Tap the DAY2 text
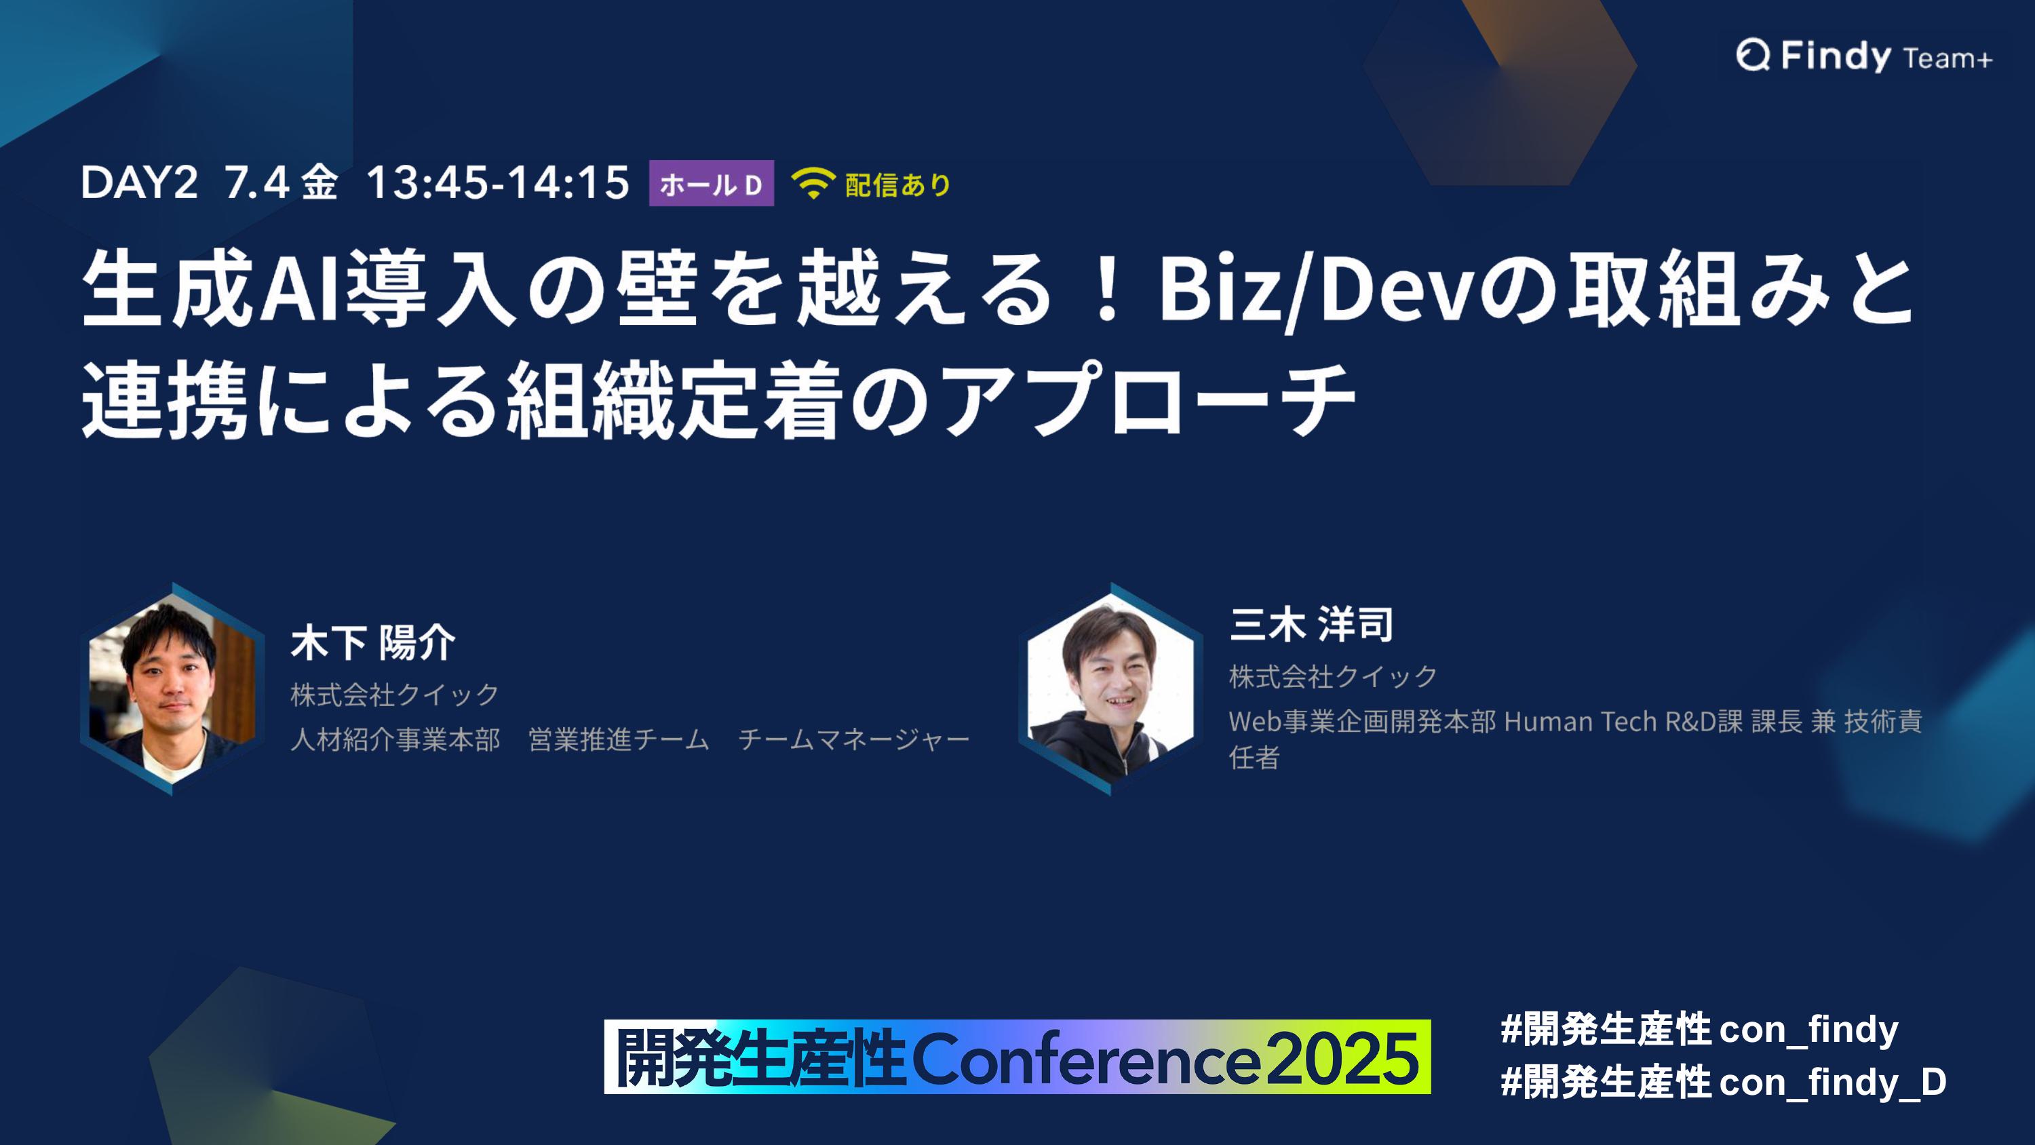coord(139,183)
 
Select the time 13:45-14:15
coord(498,183)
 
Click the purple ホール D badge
coord(711,183)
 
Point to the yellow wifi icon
coord(813,183)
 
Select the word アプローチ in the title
coord(1149,398)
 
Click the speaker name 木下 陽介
coord(373,642)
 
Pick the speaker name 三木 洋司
coord(1311,624)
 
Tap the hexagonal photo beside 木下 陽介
coord(172,688)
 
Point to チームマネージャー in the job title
coord(853,739)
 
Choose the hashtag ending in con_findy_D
coord(1723,1082)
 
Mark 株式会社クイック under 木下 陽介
coord(395,695)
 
